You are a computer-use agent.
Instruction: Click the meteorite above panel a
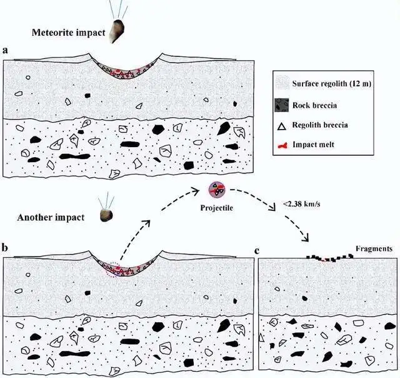tap(117, 31)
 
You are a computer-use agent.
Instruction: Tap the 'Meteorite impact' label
tap(68, 33)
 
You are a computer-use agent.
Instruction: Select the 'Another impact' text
tap(51, 217)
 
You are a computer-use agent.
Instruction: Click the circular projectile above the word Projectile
tap(217, 190)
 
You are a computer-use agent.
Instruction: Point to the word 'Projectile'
tap(217, 208)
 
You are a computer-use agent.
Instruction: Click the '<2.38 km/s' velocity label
tap(301, 204)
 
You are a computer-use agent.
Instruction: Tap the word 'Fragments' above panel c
tap(374, 248)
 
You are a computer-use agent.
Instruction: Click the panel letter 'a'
tap(5, 50)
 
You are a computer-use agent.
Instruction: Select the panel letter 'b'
tap(5, 247)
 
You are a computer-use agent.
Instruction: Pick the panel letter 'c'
tap(257, 252)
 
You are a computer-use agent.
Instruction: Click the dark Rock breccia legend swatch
tap(282, 105)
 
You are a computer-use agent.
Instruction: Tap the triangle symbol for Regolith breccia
tap(282, 126)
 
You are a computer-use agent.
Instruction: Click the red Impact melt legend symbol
tap(282, 146)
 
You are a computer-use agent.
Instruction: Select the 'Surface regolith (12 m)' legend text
tap(331, 83)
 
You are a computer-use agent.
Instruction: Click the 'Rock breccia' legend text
tap(314, 105)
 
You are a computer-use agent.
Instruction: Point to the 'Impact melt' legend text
tap(313, 145)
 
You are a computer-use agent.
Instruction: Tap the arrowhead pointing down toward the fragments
tap(306, 238)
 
